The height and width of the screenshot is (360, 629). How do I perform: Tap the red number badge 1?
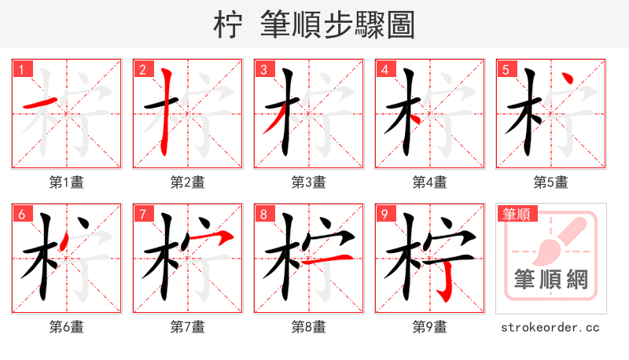(21, 69)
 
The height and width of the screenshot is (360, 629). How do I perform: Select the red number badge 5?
(506, 69)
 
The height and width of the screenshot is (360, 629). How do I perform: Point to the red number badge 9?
(384, 214)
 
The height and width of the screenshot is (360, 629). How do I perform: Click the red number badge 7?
(142, 214)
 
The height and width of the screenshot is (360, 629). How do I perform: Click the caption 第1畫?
(66, 182)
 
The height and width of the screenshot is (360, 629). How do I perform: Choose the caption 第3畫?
(308, 182)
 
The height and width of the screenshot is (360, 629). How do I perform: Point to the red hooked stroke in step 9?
(445, 279)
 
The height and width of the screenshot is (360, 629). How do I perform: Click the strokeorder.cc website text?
(550, 327)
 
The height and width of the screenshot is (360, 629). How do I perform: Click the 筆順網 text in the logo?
(550, 279)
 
